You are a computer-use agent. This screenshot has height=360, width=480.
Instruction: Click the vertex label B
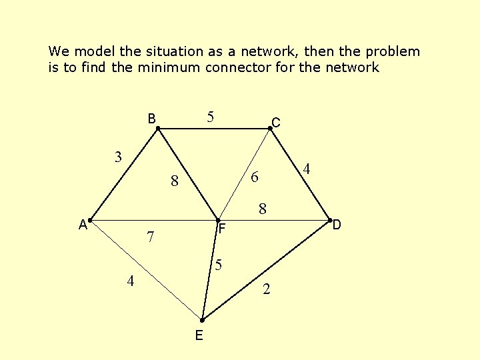pyautogui.click(x=152, y=119)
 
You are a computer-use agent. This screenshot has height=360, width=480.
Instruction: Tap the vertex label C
pyautogui.click(x=275, y=123)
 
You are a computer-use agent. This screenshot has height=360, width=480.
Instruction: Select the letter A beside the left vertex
pyautogui.click(x=83, y=225)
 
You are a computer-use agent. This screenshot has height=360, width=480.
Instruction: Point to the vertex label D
pyautogui.click(x=337, y=225)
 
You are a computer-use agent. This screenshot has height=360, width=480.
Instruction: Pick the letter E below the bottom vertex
pyautogui.click(x=199, y=335)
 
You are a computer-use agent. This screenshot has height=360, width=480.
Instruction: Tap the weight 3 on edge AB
pyautogui.click(x=118, y=158)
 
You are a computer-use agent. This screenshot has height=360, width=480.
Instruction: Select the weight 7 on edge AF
pyautogui.click(x=151, y=237)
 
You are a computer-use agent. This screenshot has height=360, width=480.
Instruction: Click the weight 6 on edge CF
pyautogui.click(x=254, y=178)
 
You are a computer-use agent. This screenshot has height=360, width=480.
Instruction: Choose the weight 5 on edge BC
pyautogui.click(x=210, y=118)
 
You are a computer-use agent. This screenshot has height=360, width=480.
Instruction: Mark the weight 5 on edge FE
pyautogui.click(x=217, y=265)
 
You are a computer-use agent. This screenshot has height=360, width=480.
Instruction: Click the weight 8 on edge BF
pyautogui.click(x=174, y=181)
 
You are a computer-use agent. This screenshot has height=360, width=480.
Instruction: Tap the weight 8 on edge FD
pyautogui.click(x=263, y=209)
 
